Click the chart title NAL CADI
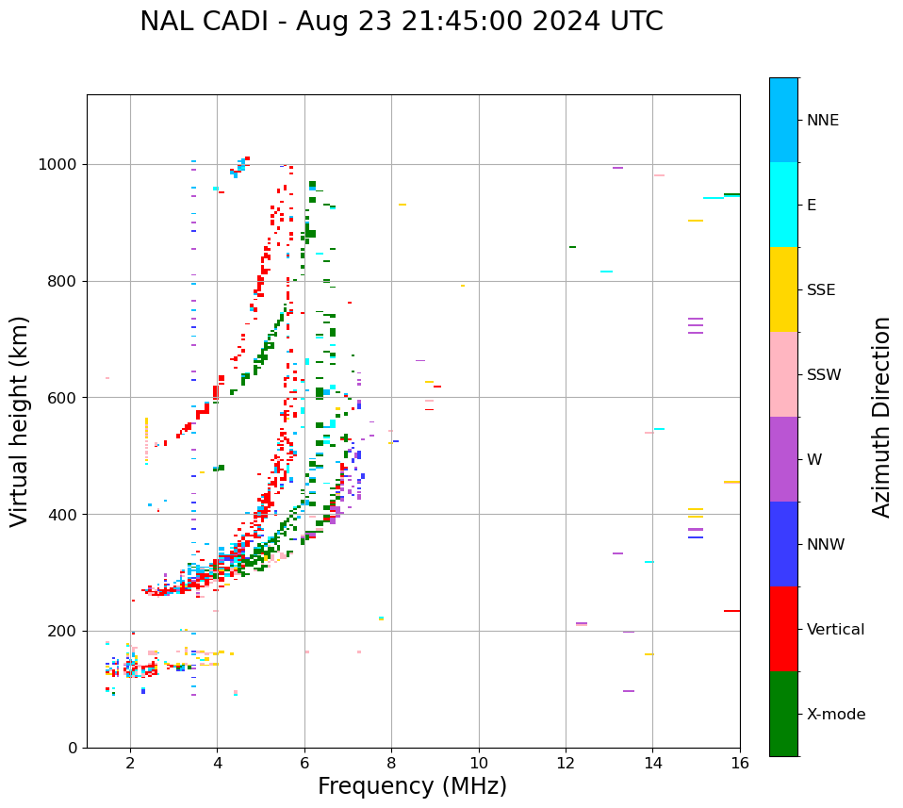tap(401, 22)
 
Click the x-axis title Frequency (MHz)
tap(412, 786)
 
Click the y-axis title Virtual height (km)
tap(20, 421)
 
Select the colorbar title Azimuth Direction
tap(881, 417)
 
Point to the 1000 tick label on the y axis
tap(58, 165)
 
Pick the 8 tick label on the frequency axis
tap(391, 763)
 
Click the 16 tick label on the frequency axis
tap(740, 763)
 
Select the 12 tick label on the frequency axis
tap(566, 763)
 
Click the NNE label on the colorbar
tap(822, 121)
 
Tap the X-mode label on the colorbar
tap(835, 715)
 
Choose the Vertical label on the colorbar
tap(835, 630)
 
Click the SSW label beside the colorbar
tap(824, 375)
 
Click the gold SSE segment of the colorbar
tap(783, 289)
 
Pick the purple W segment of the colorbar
tap(783, 459)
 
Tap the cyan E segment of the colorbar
tap(783, 205)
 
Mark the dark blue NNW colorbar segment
tap(783, 544)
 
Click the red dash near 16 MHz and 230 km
tap(731, 611)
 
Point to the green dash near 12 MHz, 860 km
tap(572, 247)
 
